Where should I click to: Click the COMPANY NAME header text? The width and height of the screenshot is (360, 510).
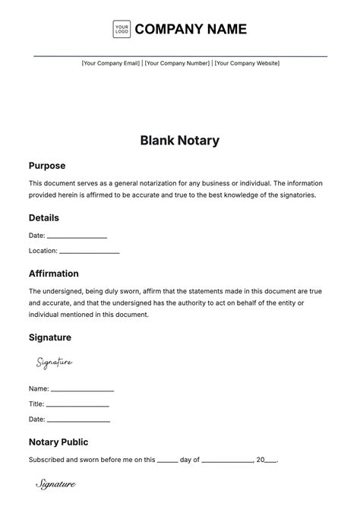[191, 30]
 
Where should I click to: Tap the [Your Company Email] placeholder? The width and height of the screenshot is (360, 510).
[111, 63]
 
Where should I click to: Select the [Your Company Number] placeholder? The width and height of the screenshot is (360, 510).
[177, 63]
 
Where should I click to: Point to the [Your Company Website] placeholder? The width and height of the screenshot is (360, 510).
[246, 63]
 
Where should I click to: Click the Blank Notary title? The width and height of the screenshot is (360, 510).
[180, 141]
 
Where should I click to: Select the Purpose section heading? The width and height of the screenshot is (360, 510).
[47, 166]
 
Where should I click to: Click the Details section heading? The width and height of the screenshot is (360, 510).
[44, 218]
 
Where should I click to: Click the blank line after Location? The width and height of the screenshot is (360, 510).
[89, 252]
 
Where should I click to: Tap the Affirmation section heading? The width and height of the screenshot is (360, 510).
[54, 274]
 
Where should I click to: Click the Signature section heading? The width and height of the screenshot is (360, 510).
[50, 337]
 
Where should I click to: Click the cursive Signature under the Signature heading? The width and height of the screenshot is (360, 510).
[54, 363]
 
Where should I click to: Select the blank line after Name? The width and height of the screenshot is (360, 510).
[82, 390]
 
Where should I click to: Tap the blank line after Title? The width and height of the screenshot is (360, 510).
[78, 405]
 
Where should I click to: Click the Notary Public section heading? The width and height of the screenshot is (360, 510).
[58, 442]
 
